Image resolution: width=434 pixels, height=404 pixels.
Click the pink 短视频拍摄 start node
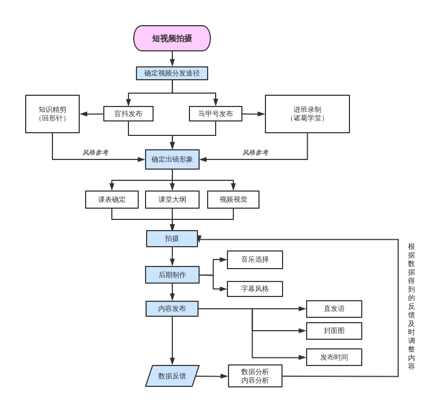pos(172,39)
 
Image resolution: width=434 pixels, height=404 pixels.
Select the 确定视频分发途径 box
pos(172,73)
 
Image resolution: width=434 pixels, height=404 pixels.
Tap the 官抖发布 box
pos(128,114)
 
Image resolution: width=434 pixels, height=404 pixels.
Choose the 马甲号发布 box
pos(216,114)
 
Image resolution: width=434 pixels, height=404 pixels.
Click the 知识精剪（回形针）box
pos(52,114)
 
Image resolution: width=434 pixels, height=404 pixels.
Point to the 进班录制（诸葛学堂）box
pos(307,114)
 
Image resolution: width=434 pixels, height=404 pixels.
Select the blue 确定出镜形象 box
pos(172,159)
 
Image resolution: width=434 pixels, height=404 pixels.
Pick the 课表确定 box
pos(112,200)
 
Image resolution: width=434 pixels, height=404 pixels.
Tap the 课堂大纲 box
pos(172,200)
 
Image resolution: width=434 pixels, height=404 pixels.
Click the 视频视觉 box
pos(233,200)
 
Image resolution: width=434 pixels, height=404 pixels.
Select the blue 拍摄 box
pos(172,239)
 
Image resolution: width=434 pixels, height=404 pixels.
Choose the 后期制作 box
pos(172,275)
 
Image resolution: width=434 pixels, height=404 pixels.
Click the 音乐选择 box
pos(255,260)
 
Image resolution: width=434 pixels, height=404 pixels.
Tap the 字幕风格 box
pos(255,289)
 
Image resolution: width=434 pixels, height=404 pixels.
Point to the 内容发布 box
pos(172,309)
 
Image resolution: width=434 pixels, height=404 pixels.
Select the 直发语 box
pos(334,309)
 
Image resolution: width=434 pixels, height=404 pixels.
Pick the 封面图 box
pos(334,331)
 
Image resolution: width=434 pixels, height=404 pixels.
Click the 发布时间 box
pos(334,357)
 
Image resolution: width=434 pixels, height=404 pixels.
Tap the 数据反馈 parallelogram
pos(172,376)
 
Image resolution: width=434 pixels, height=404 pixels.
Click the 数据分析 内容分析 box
pos(255,376)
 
